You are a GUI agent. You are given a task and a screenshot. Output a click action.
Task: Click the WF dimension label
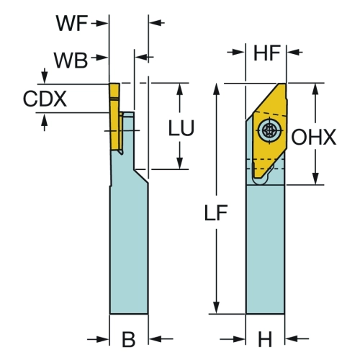coord(72,23)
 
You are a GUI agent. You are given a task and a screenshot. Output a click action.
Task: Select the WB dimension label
coord(71,60)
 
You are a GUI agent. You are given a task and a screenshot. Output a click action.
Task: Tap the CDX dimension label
coord(45,99)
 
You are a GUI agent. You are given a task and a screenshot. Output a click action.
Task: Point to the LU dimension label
coord(181,128)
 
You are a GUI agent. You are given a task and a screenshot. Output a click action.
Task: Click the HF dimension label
coord(267,53)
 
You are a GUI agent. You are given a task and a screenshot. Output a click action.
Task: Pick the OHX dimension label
coord(314,138)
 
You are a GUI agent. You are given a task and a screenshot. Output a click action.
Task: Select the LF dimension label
coord(216,212)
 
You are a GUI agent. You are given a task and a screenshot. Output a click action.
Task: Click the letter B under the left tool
coord(129,339)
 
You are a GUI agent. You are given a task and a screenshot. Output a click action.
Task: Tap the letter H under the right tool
coord(265,339)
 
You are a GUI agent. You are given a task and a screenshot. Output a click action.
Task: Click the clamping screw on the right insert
coord(269,131)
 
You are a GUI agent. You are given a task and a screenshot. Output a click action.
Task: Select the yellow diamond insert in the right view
coord(270,130)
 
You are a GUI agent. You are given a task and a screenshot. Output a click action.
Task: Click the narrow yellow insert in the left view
coord(114,117)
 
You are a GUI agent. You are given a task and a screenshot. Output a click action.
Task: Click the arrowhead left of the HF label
coord(239,52)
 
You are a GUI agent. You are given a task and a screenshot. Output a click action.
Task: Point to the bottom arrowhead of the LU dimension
coord(179,163)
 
